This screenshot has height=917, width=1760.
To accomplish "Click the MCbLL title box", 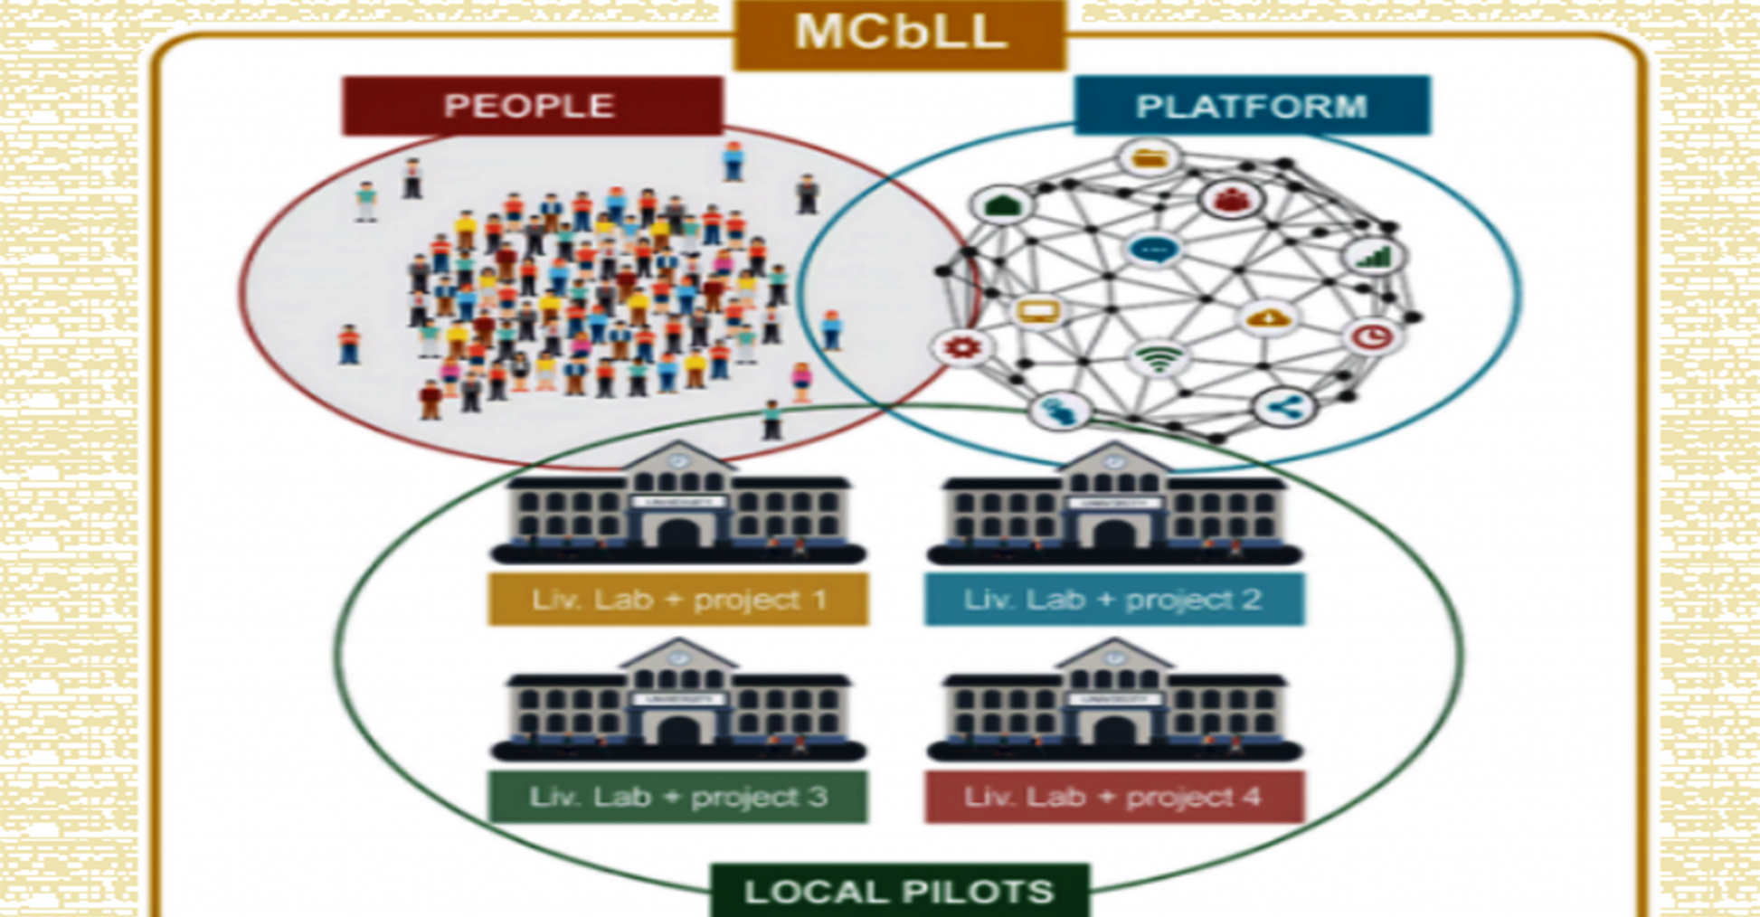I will [x=900, y=33].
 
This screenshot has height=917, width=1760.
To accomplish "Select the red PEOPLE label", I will [x=532, y=106].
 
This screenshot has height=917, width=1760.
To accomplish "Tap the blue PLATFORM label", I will [x=1252, y=106].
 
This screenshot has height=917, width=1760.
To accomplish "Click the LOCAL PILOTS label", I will [x=900, y=891].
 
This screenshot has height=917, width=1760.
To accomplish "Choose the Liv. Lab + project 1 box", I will [x=678, y=600].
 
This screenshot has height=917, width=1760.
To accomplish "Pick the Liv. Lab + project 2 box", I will [x=1113, y=600].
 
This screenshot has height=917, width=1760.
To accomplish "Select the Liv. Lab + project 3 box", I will [x=678, y=797].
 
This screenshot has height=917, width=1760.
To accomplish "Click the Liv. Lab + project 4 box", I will [x=1113, y=797].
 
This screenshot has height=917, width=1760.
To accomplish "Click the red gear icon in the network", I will [x=961, y=346].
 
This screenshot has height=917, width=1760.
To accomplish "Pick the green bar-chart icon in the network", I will [x=1374, y=258].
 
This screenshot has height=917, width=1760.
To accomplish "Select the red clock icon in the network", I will [x=1373, y=337].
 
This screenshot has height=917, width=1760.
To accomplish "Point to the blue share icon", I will [x=1283, y=408].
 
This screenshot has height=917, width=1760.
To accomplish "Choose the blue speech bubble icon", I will [x=1153, y=249].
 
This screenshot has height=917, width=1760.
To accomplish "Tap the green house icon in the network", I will [x=1002, y=205].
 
